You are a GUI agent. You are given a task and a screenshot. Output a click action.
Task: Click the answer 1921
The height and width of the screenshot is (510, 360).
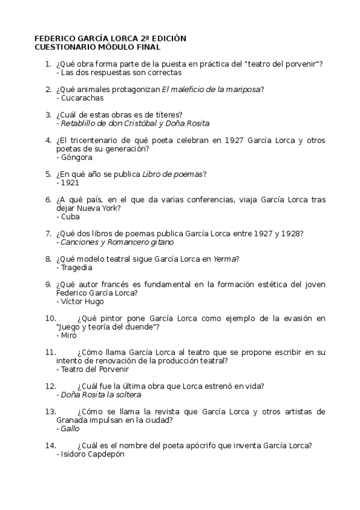click(x=70, y=183)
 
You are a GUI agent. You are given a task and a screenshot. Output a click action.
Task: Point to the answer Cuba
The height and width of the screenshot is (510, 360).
click(x=70, y=217)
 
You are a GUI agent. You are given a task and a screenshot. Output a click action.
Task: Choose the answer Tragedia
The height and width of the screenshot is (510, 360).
click(x=77, y=268)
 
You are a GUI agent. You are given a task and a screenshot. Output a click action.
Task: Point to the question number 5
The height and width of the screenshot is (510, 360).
click(x=48, y=174)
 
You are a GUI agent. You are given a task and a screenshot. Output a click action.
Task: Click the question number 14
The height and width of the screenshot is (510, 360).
click(x=50, y=446)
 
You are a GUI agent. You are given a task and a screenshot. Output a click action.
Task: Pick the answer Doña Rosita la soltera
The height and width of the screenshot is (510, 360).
click(x=101, y=395)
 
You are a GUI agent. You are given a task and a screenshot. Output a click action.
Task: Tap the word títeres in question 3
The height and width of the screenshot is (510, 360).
click(x=169, y=115)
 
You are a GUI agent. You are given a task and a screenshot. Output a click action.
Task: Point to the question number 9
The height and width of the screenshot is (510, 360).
click(x=48, y=284)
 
